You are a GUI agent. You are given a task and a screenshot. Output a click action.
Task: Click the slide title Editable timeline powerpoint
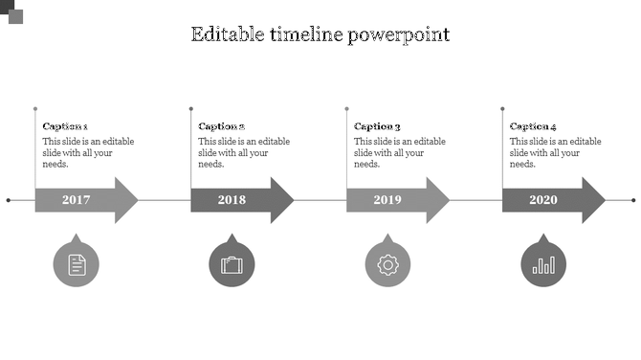[x=320, y=34]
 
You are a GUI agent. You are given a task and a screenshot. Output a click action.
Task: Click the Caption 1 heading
[x=65, y=126]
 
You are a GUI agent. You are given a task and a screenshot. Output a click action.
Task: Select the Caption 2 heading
[x=221, y=126]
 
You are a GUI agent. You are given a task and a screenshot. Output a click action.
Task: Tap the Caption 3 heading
[x=377, y=126]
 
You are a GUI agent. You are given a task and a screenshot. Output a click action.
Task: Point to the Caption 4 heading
[x=533, y=126]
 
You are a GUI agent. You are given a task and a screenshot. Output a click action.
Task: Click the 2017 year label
[x=76, y=200]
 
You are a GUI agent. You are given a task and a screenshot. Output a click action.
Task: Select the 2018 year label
[x=232, y=200]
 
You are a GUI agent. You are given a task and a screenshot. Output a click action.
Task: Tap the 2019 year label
[x=387, y=200]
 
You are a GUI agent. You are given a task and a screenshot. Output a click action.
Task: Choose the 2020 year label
[x=542, y=200]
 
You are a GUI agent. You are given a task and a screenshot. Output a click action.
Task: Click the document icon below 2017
[x=77, y=264]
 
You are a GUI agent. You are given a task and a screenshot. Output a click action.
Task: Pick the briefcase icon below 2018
[x=232, y=264]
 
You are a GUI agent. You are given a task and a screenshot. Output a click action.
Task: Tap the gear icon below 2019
[x=387, y=264]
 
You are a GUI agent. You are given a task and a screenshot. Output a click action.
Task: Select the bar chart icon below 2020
[x=542, y=264]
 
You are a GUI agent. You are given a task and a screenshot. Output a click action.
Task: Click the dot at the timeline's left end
[x=9, y=200]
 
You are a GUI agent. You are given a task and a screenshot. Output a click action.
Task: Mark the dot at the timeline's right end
[x=632, y=200]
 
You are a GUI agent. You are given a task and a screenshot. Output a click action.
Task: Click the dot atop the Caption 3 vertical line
[x=346, y=109]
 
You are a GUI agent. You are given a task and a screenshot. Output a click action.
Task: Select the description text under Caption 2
[x=243, y=152]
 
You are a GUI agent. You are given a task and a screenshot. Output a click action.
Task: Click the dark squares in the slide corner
[x=11, y=11]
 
